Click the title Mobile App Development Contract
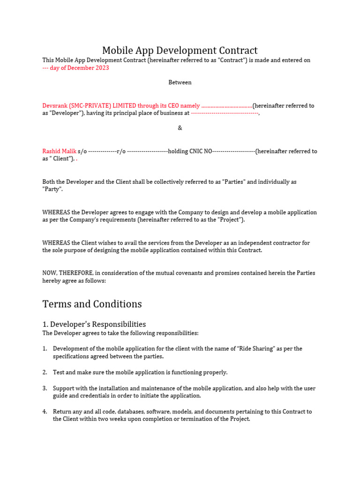tap(180, 51)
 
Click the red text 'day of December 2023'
tap(79, 68)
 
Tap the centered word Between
tap(180, 82)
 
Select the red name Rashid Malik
tap(59, 151)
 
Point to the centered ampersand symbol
tap(180, 128)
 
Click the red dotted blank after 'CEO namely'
tap(227, 106)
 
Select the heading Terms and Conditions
tap(92, 304)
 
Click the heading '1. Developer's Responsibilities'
tap(94, 324)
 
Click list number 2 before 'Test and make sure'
tap(45, 373)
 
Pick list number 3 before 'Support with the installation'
tap(45, 389)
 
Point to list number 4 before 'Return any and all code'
tap(45, 412)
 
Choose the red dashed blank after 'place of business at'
tap(224, 113)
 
